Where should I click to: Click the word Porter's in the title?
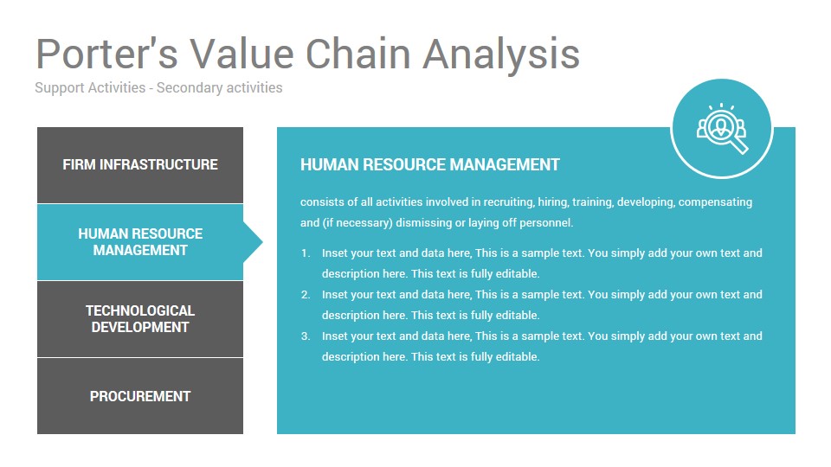106,54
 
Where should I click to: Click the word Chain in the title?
358,54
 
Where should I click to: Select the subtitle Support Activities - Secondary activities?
158,88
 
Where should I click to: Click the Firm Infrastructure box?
140,164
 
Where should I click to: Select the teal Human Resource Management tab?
140,242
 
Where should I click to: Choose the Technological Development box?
140,319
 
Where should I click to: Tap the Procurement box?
140,396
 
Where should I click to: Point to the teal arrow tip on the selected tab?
262,242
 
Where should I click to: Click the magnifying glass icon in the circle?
722,129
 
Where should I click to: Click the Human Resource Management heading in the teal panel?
430,164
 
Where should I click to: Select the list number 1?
306,253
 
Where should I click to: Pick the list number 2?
306,294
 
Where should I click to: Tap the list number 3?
306,336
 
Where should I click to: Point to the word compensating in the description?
715,202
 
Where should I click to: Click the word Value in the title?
242,54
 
